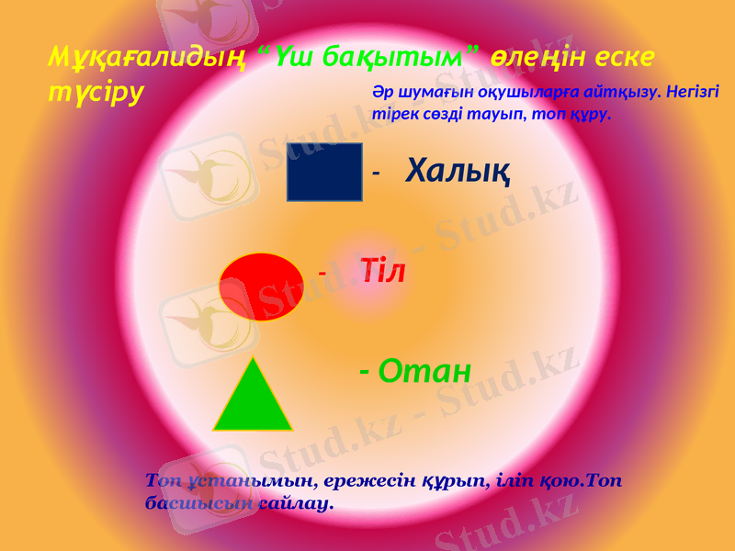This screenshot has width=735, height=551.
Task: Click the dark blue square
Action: [324, 172]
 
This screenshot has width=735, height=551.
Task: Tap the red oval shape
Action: [262, 287]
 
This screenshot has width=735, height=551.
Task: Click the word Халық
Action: [458, 169]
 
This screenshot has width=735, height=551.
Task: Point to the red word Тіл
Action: [383, 271]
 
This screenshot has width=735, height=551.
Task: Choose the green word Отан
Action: [424, 371]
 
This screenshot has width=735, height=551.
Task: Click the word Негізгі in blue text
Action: [691, 93]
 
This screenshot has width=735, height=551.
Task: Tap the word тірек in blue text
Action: [390, 117]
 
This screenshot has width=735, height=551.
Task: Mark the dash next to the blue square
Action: [376, 171]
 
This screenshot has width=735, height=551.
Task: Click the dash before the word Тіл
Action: [322, 273]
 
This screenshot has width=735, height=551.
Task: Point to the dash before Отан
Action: [365, 372]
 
